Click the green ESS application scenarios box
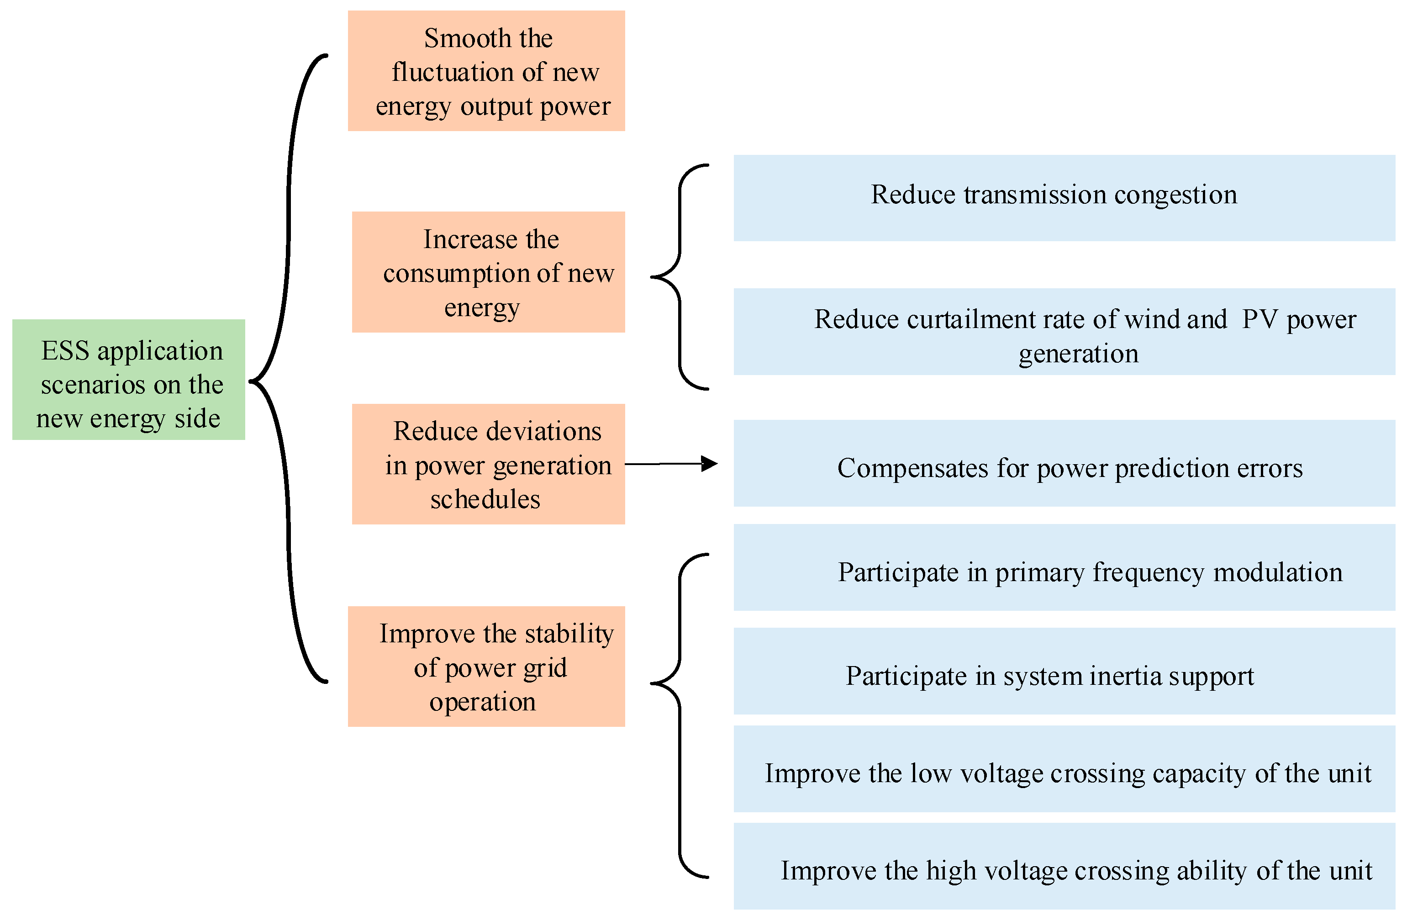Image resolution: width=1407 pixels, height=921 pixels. [128, 379]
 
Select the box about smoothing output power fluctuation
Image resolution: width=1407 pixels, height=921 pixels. [486, 70]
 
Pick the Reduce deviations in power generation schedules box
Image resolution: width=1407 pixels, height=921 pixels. [488, 464]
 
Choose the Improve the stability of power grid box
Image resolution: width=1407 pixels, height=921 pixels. [486, 666]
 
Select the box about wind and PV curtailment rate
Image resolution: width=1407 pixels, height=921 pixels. [1064, 331]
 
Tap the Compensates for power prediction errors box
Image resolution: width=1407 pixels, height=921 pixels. [1064, 463]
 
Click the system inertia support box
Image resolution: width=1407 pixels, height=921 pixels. [1064, 671]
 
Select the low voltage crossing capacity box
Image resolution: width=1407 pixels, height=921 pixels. [1064, 768]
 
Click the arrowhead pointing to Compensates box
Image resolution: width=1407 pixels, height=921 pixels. [709, 463]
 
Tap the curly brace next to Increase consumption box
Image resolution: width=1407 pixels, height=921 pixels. [680, 277]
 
